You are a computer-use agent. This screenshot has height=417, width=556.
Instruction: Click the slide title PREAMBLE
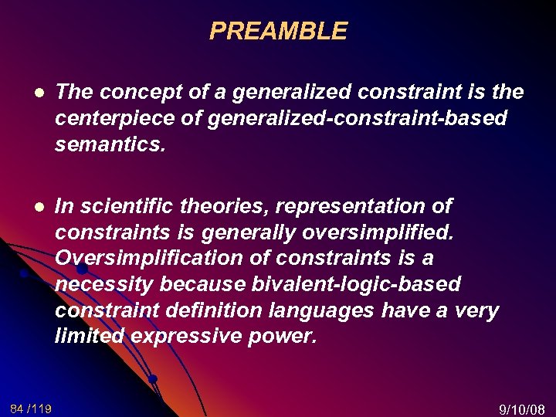pos(278,32)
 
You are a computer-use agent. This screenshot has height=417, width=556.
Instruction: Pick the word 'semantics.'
pos(110,145)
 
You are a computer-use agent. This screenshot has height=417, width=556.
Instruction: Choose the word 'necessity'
pos(104,285)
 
